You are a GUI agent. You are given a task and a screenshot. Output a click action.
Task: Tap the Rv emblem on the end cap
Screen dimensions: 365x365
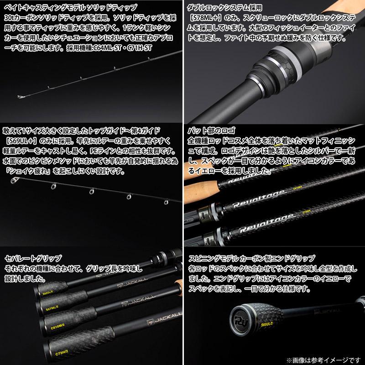pos(241,316)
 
